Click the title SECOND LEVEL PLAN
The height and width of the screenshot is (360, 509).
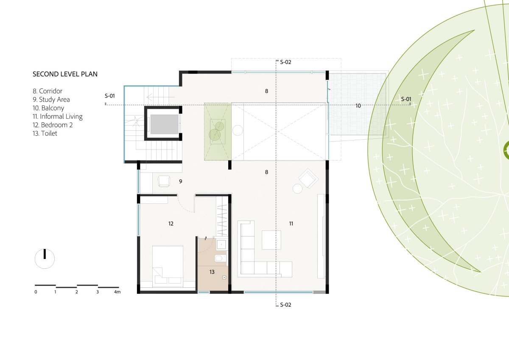(65, 74)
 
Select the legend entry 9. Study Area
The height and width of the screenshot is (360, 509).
(51, 100)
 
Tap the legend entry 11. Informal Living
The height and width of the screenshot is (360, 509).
(58, 116)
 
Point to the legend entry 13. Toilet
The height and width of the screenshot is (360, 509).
(45, 133)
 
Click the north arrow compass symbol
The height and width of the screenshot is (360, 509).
(45, 259)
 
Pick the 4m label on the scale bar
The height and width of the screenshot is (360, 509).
(117, 292)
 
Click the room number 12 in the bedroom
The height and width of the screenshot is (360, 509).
(171, 224)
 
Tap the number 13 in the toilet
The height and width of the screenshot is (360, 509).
(212, 272)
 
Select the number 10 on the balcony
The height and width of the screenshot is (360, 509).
(358, 106)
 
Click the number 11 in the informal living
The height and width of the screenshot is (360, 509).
(291, 224)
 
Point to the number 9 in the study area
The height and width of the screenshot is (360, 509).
(180, 181)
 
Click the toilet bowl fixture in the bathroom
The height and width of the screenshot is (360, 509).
(220, 259)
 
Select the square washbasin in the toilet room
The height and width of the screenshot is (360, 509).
(221, 245)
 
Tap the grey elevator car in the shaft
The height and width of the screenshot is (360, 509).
(164, 124)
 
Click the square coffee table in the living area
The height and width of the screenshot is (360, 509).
(271, 240)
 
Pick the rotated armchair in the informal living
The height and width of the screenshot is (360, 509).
(308, 178)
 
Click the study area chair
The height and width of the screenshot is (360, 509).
(164, 181)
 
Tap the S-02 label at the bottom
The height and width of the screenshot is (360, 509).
(285, 305)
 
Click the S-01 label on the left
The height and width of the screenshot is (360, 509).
(110, 96)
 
